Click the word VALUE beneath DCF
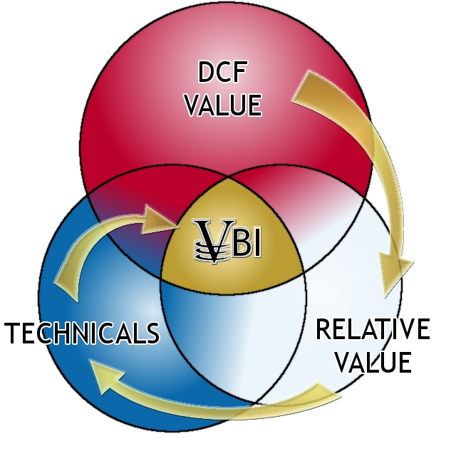(223, 105)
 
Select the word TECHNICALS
(82, 333)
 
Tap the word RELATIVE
(372, 331)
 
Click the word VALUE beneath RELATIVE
(372, 362)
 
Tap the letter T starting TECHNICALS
(14, 333)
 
